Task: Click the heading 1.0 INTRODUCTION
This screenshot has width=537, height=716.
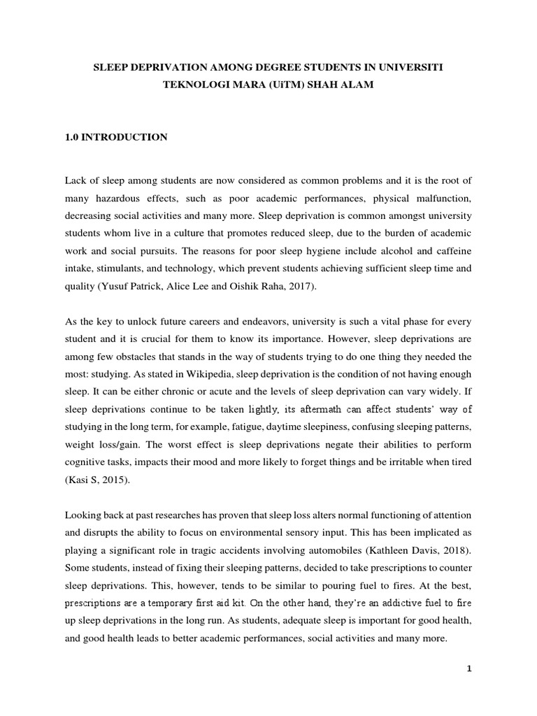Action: point(115,138)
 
